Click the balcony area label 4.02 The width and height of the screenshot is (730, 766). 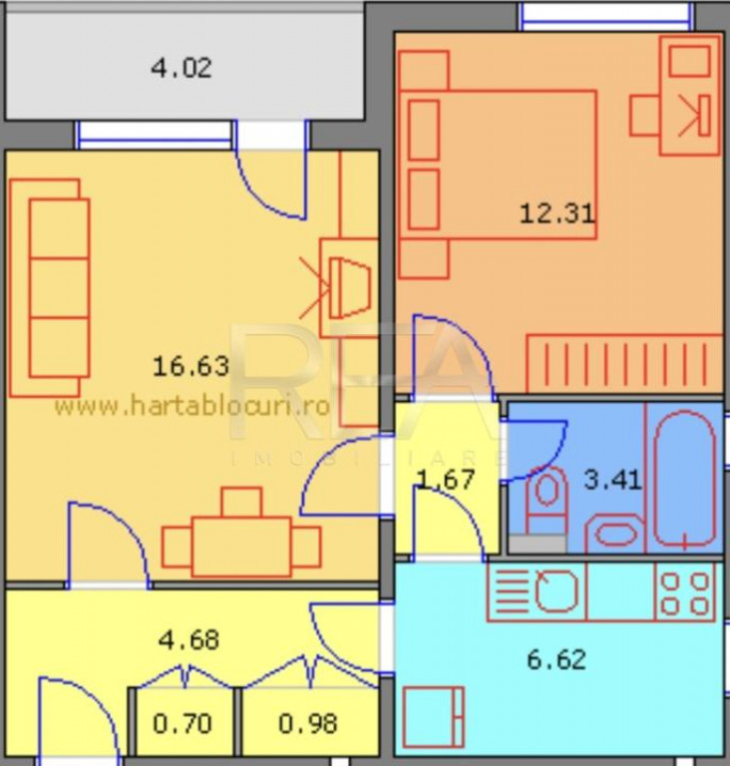(181, 69)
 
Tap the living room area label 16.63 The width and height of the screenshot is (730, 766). (190, 366)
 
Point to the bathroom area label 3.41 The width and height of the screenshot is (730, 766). (611, 480)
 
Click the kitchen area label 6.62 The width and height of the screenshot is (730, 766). (556, 659)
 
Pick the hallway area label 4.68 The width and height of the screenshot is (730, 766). (189, 638)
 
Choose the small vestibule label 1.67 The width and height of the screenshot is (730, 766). (446, 479)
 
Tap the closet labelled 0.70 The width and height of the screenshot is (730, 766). (182, 723)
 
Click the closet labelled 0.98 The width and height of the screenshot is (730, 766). (308, 723)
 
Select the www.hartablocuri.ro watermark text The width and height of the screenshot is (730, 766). (191, 406)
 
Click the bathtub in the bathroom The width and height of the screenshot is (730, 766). (684, 479)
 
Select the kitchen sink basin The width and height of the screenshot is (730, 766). (556, 591)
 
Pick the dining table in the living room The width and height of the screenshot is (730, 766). (241, 546)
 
